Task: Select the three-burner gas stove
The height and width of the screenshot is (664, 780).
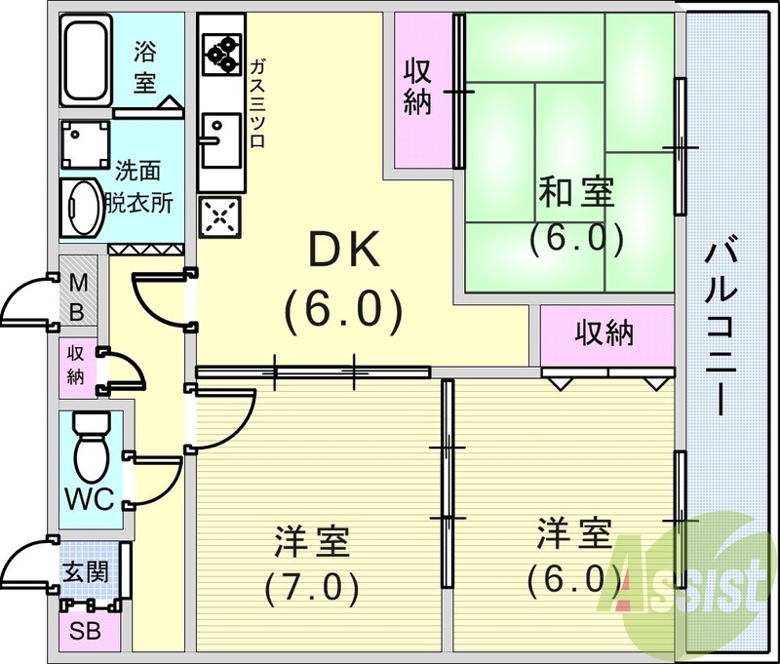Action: (221, 55)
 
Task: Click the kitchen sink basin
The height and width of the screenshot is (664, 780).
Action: (220, 130)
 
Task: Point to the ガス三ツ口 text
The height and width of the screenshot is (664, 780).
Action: (258, 101)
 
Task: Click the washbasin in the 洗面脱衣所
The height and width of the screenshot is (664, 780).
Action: (82, 206)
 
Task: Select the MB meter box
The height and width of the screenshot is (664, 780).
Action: (79, 296)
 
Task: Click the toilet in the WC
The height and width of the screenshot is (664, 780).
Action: (90, 448)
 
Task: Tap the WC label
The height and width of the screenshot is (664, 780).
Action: (90, 499)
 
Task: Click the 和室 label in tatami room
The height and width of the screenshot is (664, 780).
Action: (576, 193)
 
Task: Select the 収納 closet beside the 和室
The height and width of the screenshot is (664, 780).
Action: (418, 87)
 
